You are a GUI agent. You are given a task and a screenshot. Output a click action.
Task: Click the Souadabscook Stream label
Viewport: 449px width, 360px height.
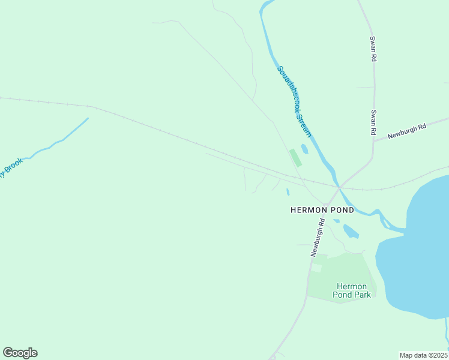pos(294,101)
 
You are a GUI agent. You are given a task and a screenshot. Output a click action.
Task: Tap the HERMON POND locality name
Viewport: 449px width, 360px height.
pos(317,210)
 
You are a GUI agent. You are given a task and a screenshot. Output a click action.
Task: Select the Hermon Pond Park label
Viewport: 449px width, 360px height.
pos(354,290)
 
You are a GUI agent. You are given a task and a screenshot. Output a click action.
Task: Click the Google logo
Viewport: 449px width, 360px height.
pos(20,353)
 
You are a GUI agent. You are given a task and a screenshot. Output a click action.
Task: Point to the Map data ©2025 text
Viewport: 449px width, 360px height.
pos(423,355)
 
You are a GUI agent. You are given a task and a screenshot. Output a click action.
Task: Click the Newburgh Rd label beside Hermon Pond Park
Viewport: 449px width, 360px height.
pos(318,238)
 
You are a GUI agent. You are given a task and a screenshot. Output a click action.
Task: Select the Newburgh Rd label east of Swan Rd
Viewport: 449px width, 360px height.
pos(406,131)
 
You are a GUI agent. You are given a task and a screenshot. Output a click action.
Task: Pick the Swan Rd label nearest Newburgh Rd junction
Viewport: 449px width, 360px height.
pos(373,122)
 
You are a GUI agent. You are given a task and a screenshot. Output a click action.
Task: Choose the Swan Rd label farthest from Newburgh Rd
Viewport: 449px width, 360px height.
pos(373,49)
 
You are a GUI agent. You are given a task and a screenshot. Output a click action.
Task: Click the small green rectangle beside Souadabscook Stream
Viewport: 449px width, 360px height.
pos(295,158)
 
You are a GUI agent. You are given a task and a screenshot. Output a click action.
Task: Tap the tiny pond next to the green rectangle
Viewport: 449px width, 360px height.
pos(304,148)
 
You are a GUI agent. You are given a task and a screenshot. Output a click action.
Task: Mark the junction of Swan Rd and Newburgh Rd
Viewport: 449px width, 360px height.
pos(373,142)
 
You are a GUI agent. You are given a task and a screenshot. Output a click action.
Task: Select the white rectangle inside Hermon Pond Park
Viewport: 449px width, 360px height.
pos(316,268)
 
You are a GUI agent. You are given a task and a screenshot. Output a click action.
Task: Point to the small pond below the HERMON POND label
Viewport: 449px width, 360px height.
pos(351,231)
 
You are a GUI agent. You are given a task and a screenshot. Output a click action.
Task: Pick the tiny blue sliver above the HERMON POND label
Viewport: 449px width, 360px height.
pos(288,192)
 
